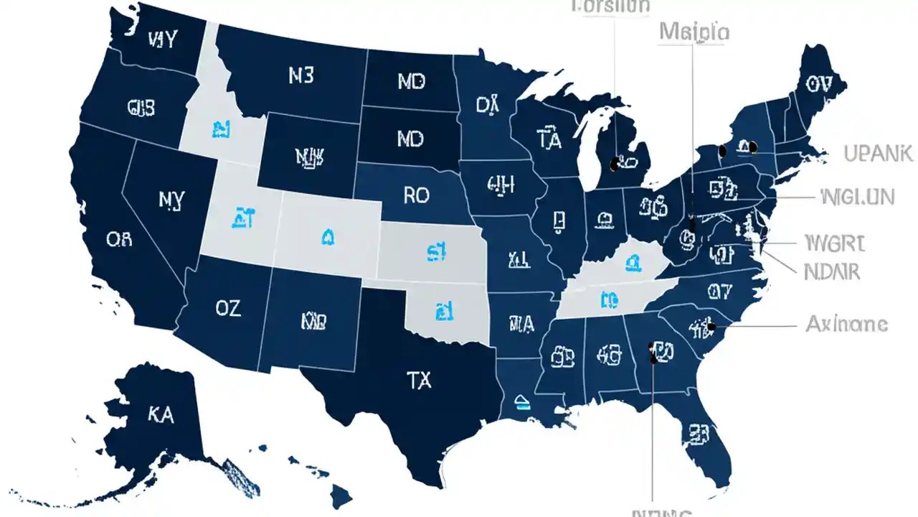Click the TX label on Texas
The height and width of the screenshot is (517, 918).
(x=419, y=381)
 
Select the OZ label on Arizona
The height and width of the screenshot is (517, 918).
(x=227, y=309)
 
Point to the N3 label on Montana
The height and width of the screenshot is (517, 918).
(x=301, y=77)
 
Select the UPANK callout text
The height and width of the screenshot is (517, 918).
(x=877, y=153)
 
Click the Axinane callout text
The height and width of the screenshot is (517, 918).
(x=846, y=325)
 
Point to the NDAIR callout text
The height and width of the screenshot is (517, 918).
(x=832, y=271)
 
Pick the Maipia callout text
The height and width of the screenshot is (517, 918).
(x=694, y=32)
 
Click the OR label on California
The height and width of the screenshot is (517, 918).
(x=119, y=239)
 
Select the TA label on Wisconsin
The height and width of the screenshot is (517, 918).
(x=549, y=141)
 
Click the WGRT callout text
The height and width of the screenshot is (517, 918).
(x=834, y=243)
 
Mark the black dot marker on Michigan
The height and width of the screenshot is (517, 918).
(x=614, y=164)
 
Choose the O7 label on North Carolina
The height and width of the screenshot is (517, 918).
(x=719, y=291)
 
